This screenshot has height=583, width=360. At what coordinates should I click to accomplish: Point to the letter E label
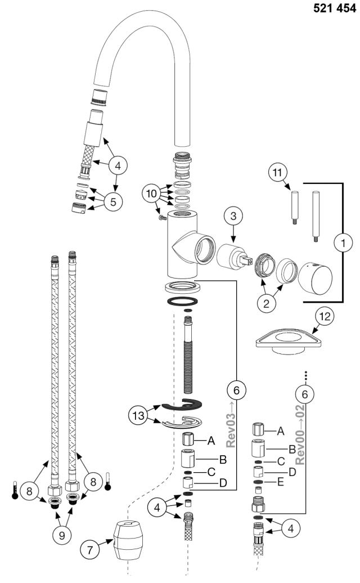[280, 482]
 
